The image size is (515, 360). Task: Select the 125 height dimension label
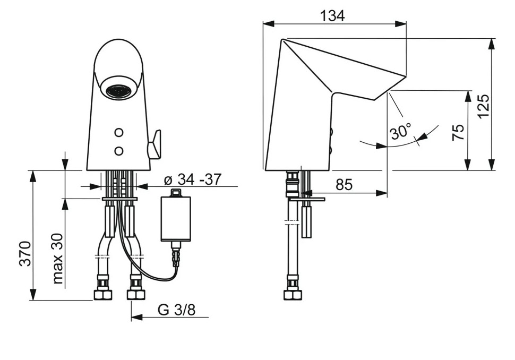point(483,107)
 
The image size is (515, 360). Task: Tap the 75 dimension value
point(458,132)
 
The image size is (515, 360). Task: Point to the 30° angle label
point(401,131)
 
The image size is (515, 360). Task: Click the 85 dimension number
point(344,185)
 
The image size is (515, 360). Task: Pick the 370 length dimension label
point(25,253)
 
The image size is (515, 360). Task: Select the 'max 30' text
point(57,259)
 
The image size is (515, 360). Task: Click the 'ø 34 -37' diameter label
point(193,179)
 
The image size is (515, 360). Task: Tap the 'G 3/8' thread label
point(176,310)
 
